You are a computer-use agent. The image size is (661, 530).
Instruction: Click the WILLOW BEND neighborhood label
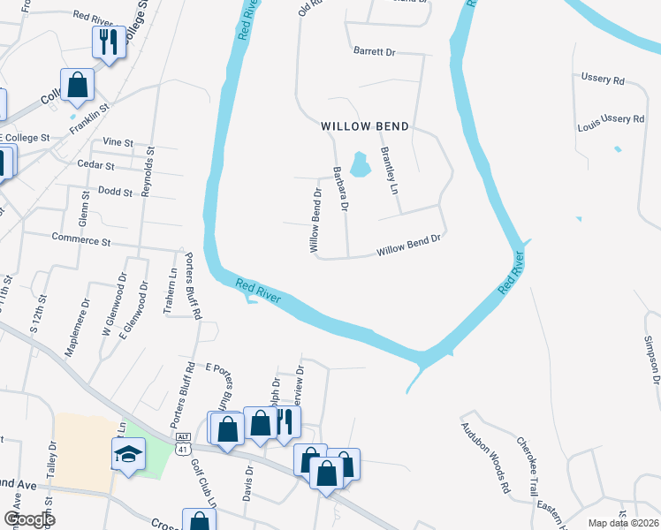tap(365, 126)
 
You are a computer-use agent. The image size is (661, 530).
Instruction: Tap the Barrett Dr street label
tap(374, 52)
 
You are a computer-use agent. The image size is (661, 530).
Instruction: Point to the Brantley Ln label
tap(387, 170)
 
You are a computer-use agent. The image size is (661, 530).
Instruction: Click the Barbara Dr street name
tap(340, 189)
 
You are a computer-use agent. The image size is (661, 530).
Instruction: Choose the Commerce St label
tap(81, 238)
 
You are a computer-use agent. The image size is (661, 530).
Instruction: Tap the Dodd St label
tap(116, 191)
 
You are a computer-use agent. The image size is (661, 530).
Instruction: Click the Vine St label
tap(118, 141)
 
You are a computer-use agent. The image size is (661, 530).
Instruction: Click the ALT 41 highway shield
tap(183, 443)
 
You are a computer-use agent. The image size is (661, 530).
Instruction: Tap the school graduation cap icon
tap(128, 455)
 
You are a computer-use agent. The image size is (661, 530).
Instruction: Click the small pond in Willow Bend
tap(360, 163)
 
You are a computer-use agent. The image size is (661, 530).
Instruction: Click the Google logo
tap(29, 519)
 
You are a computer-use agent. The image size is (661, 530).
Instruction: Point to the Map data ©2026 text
tap(623, 523)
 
